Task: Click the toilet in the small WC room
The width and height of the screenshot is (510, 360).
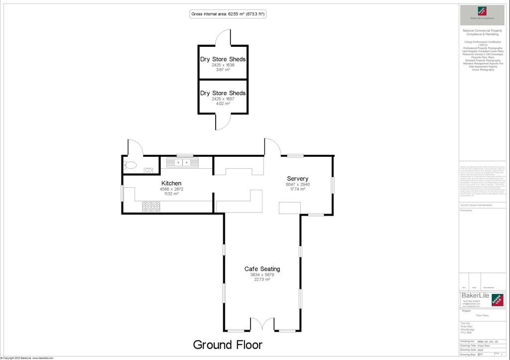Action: [x=130, y=165]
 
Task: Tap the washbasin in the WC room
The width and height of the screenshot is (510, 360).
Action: [x=148, y=170]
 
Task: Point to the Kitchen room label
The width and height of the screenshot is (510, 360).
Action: [x=171, y=183]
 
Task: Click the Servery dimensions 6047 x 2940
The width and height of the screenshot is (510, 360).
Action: [x=297, y=184]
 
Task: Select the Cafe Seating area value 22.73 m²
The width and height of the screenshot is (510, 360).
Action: [x=262, y=279]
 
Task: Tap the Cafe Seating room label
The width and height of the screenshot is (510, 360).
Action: [x=262, y=269]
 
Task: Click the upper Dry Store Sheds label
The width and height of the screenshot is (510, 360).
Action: [x=223, y=59]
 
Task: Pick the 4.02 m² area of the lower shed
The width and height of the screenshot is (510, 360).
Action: [x=223, y=104]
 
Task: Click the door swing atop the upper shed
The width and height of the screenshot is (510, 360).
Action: [x=224, y=37]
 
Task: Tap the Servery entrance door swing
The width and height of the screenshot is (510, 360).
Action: [x=272, y=147]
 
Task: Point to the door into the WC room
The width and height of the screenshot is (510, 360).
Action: [x=135, y=147]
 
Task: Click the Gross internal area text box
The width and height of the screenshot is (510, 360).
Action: [x=228, y=14]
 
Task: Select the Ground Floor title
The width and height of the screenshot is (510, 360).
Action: [x=227, y=345]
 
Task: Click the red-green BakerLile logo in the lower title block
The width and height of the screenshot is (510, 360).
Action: [x=497, y=299]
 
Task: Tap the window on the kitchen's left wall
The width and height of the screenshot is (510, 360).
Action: [x=123, y=193]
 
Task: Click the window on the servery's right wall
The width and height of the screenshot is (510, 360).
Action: [x=333, y=185]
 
